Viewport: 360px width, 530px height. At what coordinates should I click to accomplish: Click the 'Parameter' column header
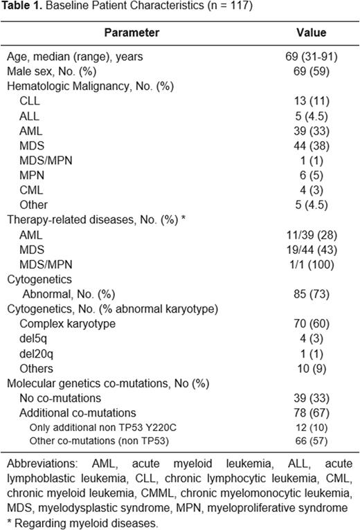point(132,33)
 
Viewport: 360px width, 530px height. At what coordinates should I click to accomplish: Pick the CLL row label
point(29,101)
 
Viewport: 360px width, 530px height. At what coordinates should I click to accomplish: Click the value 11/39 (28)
point(310,235)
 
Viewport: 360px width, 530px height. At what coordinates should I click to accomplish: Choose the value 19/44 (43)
point(310,250)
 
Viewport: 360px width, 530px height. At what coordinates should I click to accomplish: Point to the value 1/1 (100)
point(310,264)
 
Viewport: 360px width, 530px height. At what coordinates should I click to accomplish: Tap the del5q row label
point(32,339)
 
